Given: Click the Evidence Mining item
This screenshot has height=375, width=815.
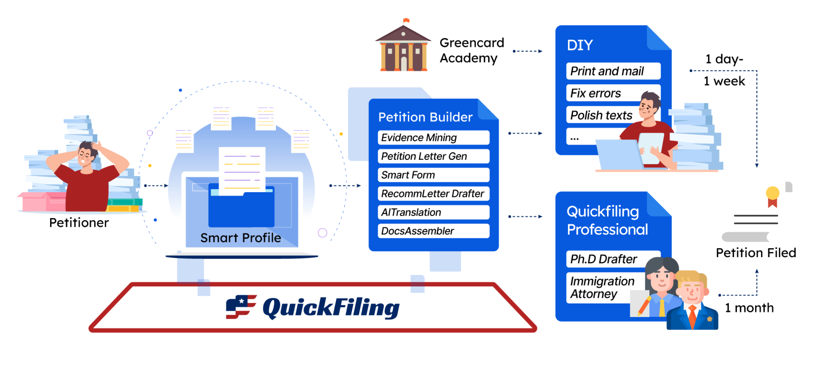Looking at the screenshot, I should [x=433, y=138].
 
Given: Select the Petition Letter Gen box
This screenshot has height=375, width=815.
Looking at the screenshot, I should [x=433, y=156].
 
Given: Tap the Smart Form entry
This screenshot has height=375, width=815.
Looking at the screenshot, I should [x=433, y=175].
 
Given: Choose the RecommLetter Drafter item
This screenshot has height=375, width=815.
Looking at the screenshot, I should [x=433, y=194].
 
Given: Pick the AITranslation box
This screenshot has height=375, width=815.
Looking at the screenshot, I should [x=433, y=212].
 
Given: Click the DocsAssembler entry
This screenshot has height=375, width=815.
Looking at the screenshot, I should [x=433, y=231].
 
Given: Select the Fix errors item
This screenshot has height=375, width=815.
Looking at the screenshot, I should [x=602, y=93].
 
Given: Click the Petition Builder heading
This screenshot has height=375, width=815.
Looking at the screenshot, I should [x=425, y=117].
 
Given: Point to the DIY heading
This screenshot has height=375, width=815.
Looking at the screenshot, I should [x=579, y=45].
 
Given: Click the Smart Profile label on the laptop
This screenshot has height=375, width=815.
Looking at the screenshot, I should [x=241, y=238].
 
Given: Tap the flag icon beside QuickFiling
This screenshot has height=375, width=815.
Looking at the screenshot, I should [x=240, y=307].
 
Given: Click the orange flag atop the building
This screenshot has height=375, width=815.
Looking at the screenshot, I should [x=406, y=21].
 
